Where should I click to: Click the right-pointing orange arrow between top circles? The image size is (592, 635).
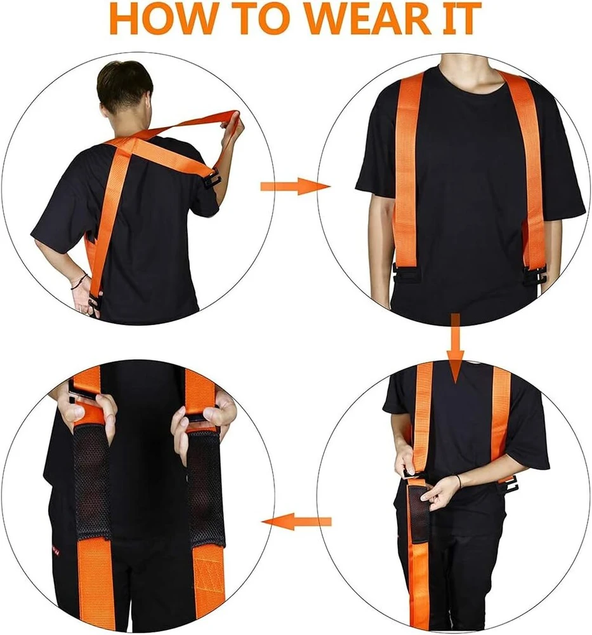[295, 186]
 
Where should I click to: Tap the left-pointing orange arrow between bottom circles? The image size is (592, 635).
[296, 521]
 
